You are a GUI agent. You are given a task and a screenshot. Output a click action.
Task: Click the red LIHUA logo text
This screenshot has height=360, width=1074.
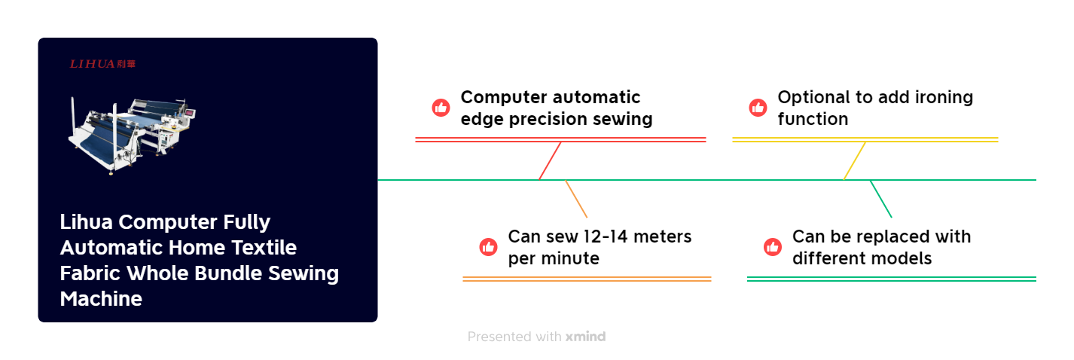pos(102,64)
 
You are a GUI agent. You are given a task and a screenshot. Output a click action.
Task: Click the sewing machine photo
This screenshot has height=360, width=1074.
pos(133,135)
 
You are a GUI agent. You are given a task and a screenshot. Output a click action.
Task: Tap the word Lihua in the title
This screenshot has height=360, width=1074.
pos(87,222)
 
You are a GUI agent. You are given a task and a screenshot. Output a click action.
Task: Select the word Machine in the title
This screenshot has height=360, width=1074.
pos(101,299)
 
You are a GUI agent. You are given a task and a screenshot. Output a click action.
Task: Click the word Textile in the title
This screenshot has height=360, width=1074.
pos(264,247)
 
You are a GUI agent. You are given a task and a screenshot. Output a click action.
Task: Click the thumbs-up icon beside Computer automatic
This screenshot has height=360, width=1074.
pos(441,108)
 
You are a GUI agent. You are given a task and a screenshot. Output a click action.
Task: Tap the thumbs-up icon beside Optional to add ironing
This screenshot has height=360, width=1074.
pos(758,108)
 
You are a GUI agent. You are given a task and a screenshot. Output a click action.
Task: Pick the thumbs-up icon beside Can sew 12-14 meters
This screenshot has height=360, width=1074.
pos(489,247)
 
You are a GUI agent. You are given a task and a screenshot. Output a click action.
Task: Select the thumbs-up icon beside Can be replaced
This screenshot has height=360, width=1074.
pos(773,247)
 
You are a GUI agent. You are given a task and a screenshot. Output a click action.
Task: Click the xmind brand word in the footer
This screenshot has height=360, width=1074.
pos(585,337)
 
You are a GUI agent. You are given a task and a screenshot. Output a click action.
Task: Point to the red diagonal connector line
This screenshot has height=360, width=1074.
pos(550,160)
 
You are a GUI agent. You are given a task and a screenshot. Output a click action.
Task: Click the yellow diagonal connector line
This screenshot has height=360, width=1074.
pos(854,160)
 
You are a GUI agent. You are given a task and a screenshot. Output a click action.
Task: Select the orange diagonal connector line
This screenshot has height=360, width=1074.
pos(576,199)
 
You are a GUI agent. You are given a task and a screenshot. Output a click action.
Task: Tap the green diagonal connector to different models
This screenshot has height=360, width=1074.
pos(880,199)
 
